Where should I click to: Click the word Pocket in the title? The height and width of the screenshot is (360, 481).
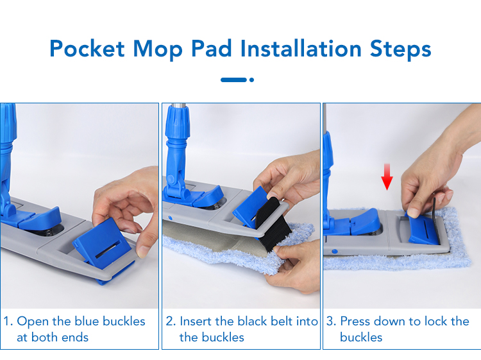coord(87,49)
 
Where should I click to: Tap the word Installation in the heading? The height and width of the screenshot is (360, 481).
coord(301,49)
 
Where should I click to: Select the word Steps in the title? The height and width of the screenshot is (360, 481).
coord(401,49)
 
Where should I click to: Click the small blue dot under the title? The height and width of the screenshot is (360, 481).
coord(251,80)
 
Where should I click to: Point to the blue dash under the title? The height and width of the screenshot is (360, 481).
coord(233,80)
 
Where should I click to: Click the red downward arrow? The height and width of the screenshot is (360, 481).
coord(387,176)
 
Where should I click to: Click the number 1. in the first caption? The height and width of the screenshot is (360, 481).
coord(8,321)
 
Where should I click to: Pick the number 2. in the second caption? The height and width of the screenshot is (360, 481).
coord(171,321)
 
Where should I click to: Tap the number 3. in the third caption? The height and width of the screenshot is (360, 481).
coord(332,321)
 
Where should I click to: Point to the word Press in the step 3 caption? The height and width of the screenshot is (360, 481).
coord(355,321)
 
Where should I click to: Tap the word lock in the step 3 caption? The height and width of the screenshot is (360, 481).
coord(434,321)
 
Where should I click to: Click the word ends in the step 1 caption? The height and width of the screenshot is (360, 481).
coord(75,338)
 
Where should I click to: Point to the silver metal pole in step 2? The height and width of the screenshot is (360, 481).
coord(178,105)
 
